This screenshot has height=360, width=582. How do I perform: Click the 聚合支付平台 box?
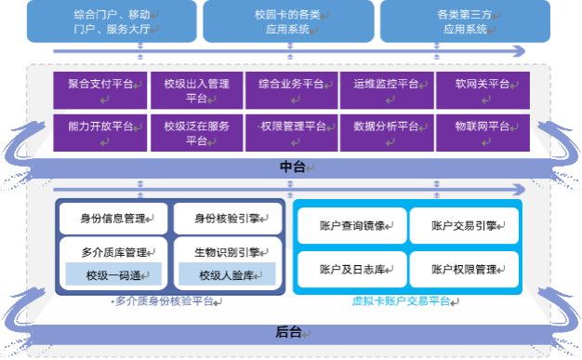point(100,90)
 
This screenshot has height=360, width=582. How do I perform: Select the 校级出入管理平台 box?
point(196,90)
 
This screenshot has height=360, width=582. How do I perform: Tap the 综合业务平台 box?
point(292,90)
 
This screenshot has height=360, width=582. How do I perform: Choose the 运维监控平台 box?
point(387,90)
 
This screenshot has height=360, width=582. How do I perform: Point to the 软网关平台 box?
point(483,90)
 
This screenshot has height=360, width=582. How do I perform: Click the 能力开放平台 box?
point(100,132)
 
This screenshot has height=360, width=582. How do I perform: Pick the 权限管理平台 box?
point(292,132)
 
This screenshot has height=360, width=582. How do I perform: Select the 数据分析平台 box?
point(387,132)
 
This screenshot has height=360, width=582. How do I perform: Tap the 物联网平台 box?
point(483,132)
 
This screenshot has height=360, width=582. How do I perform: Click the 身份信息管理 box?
point(113,219)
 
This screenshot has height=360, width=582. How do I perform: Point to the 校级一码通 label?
point(113,275)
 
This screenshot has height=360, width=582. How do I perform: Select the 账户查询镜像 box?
point(351,225)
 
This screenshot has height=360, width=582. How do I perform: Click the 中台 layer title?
point(292,167)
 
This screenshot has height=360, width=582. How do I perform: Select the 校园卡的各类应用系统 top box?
point(288,21)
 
